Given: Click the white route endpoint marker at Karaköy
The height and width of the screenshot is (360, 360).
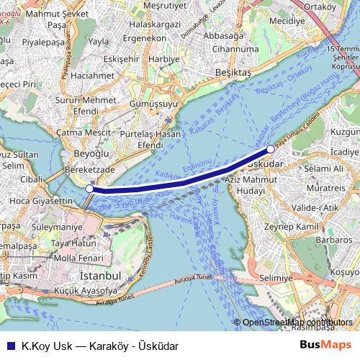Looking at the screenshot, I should (x=89, y=188).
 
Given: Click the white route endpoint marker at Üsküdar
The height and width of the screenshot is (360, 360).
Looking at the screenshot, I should (x=270, y=149).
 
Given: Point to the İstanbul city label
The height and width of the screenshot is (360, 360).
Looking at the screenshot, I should (x=99, y=276).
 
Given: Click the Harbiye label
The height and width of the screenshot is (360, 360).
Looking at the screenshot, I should (x=163, y=58).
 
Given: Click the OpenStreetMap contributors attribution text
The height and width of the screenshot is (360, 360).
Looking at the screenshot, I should (x=297, y=323).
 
